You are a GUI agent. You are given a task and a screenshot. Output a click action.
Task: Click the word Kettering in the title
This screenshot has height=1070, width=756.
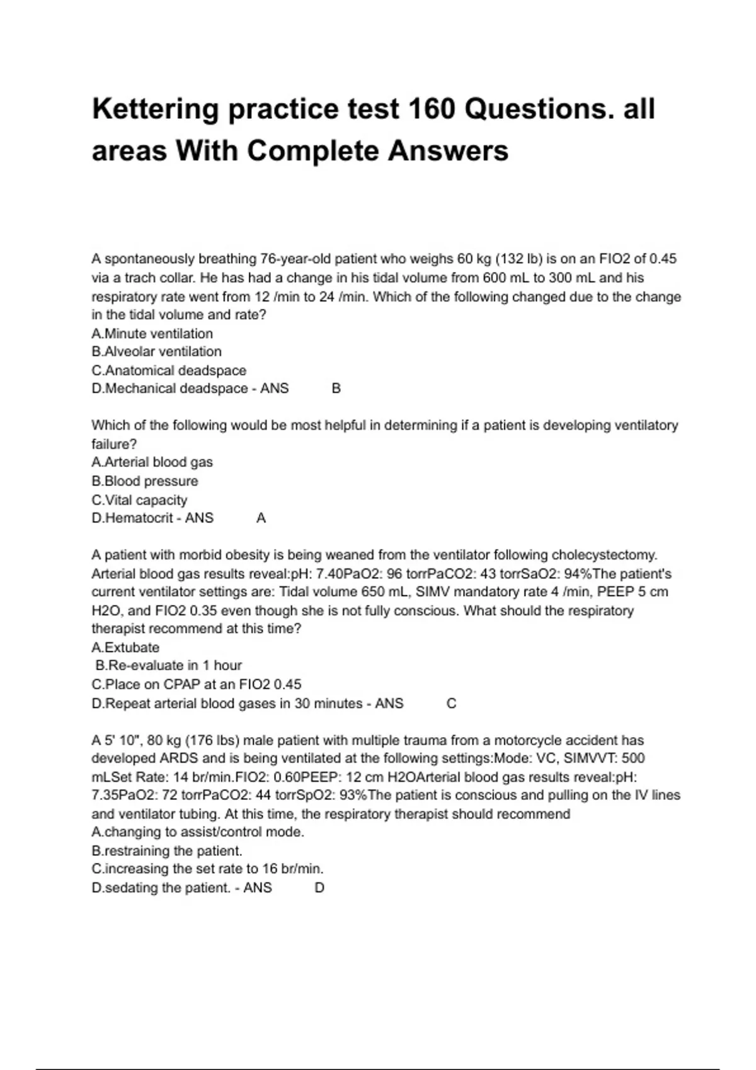coord(155,109)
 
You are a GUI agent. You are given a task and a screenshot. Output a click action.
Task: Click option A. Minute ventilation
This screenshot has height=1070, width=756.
coord(152,334)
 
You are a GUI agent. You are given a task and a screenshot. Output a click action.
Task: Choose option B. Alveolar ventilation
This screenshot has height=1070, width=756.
coord(156,352)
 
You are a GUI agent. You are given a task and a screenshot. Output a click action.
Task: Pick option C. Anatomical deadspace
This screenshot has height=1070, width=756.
coord(169,371)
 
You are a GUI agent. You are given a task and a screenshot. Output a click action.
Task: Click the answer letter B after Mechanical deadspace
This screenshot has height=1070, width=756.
coord(336,389)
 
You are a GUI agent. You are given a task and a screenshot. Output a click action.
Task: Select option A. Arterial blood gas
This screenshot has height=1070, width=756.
coord(152,463)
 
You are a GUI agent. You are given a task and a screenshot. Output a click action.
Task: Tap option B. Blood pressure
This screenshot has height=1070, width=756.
coord(145,481)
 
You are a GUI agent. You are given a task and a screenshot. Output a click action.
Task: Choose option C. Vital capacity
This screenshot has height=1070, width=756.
coord(139,500)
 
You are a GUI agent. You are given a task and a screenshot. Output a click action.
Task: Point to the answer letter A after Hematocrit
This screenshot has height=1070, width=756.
coord(261,519)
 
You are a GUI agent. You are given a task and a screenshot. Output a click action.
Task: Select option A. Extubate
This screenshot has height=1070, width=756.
coord(125,648)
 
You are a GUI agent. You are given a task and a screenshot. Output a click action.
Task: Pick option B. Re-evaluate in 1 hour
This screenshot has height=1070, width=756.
coord(168,666)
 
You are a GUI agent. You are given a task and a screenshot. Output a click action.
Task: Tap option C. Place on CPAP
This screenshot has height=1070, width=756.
coord(196,685)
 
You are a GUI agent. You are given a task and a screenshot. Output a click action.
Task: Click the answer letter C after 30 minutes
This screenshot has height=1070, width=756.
coord(451,704)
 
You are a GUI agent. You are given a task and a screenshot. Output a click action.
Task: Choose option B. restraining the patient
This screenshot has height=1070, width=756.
coord(167,851)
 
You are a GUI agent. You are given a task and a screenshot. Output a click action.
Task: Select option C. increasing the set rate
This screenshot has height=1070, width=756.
coord(207,869)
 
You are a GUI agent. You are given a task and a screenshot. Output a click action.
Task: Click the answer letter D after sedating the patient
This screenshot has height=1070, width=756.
coord(319,888)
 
